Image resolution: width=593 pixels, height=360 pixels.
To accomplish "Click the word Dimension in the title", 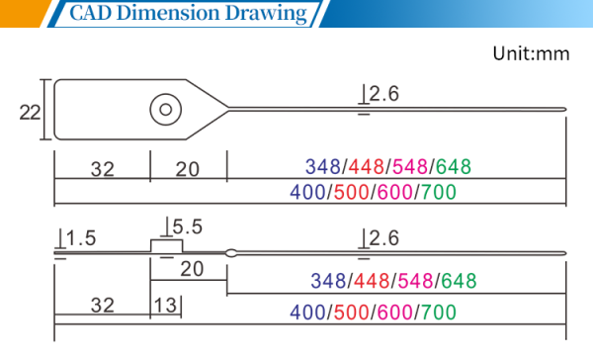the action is coord(168,13).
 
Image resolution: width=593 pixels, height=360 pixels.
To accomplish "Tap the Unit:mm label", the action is coord(531,53).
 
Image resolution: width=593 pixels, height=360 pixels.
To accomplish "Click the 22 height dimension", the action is coord(30,113).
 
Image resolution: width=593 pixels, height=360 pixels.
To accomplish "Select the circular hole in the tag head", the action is coord(166,110).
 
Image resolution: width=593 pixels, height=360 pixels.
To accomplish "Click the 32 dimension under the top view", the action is coord(103,169).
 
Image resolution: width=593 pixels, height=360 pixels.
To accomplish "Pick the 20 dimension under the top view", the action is coord(187,169).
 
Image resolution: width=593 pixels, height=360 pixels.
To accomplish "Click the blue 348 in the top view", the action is coord(323,166).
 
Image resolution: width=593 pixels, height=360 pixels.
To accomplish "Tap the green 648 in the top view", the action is coord(454,166).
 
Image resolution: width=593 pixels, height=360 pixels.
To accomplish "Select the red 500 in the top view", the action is coord(351,192).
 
